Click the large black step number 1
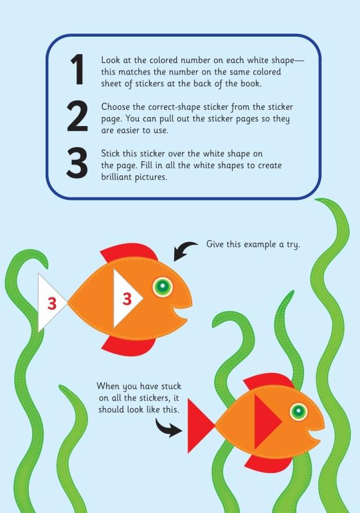pyautogui.click(x=78, y=69)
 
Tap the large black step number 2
pyautogui.click(x=78, y=116)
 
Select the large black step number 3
pyautogui.click(x=77, y=163)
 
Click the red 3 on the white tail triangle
pyautogui.click(x=52, y=303)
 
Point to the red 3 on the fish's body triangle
pyautogui.click(x=127, y=299)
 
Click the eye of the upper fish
pyautogui.click(x=163, y=287)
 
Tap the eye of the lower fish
pyautogui.click(x=298, y=411)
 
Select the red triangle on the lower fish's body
pyautogui.click(x=265, y=422)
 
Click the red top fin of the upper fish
pyautogui.click(x=129, y=252)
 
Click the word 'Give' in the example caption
pyautogui.click(x=214, y=244)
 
